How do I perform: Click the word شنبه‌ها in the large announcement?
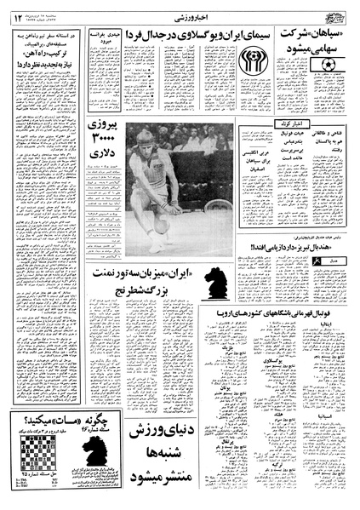pyautogui.click(x=166, y=461)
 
